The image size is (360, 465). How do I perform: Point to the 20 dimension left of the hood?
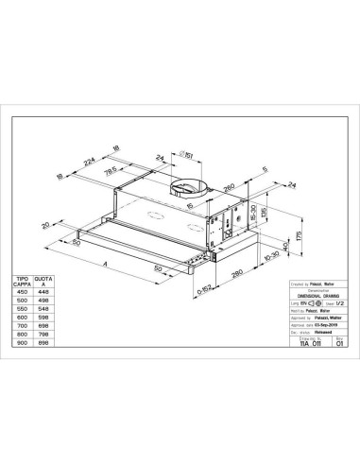point(46,226)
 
